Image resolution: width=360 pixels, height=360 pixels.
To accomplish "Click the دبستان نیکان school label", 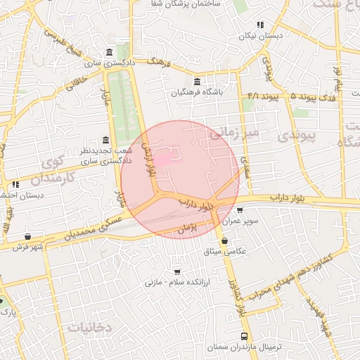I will click(260, 35).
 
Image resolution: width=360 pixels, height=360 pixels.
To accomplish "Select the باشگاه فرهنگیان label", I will click(195, 92).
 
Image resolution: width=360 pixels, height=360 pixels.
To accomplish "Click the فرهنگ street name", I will click(160, 63).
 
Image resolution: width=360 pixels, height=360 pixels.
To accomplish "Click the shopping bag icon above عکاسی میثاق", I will click(224, 241).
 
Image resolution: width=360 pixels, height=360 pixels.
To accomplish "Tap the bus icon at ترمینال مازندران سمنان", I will click(244, 336).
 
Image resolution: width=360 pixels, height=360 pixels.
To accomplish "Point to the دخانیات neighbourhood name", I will click(91, 327).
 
